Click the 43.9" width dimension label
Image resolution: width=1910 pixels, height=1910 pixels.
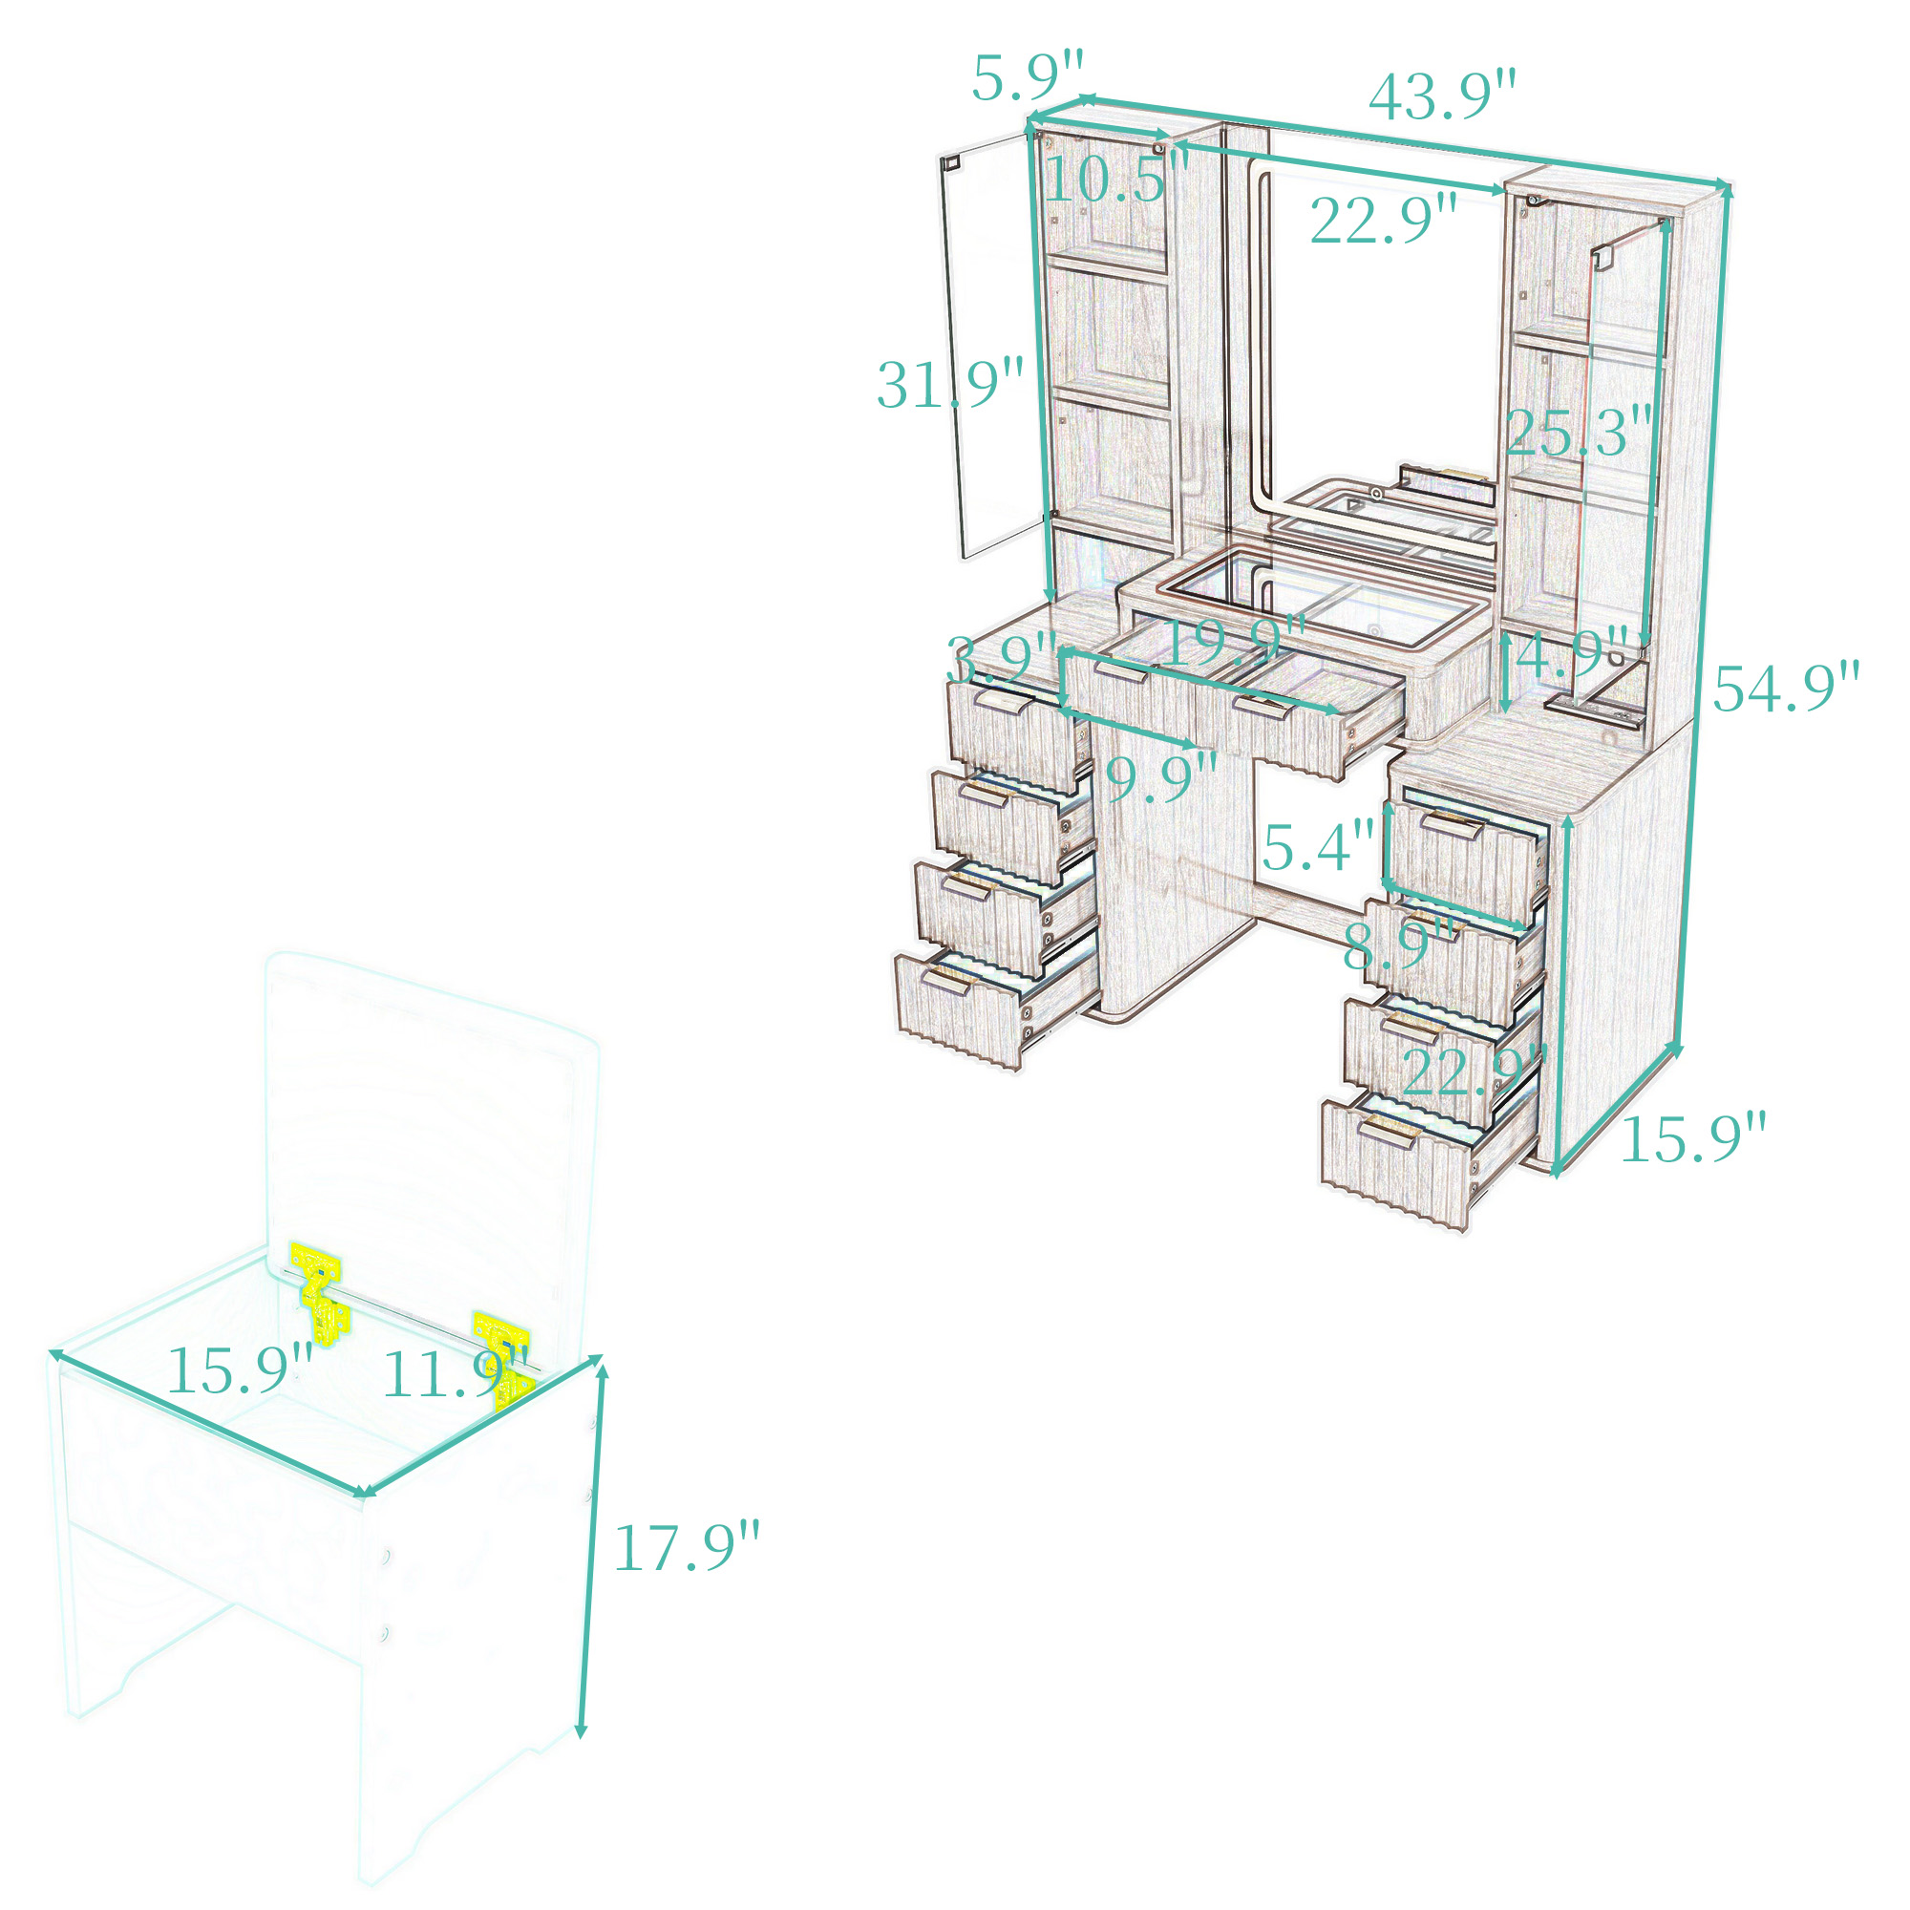click(1441, 95)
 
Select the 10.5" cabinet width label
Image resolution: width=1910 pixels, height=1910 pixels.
click(1115, 180)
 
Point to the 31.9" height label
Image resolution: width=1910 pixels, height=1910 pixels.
click(950, 385)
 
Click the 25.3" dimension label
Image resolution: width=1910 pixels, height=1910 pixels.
click(1579, 432)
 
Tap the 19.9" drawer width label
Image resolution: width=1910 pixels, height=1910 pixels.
click(1235, 641)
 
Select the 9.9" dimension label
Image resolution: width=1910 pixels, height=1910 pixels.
click(1160, 778)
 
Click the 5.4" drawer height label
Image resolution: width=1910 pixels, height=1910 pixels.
click(1318, 846)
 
